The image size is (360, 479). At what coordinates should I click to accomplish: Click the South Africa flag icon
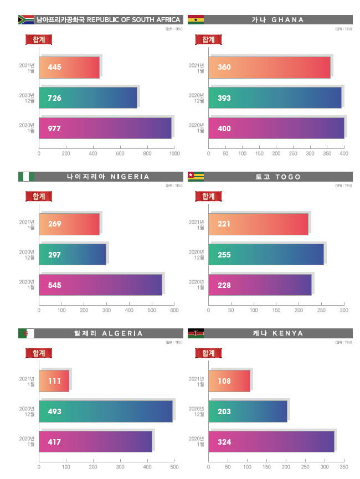26,20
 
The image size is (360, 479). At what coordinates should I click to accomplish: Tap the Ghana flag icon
196,20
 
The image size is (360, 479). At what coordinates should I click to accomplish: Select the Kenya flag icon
196,333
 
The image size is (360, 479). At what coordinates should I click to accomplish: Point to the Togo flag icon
196,177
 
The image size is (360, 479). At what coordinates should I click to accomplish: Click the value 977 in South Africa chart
54,129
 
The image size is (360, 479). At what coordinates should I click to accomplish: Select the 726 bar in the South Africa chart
88,98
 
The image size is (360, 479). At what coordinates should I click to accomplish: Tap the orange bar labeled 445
69,67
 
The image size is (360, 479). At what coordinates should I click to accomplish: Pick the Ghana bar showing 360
269,67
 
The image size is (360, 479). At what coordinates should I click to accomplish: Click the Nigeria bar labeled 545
100,285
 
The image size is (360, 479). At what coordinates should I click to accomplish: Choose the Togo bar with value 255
266,255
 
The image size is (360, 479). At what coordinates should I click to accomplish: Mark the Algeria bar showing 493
106,411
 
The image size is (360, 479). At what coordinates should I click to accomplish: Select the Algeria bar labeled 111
54,381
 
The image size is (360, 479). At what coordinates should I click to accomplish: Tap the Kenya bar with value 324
271,442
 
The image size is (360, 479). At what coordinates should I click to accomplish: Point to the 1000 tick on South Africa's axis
174,153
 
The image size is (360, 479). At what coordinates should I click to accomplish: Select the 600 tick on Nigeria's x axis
174,310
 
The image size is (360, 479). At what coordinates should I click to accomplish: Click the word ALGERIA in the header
123,333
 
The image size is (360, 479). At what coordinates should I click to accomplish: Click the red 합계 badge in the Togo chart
209,196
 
